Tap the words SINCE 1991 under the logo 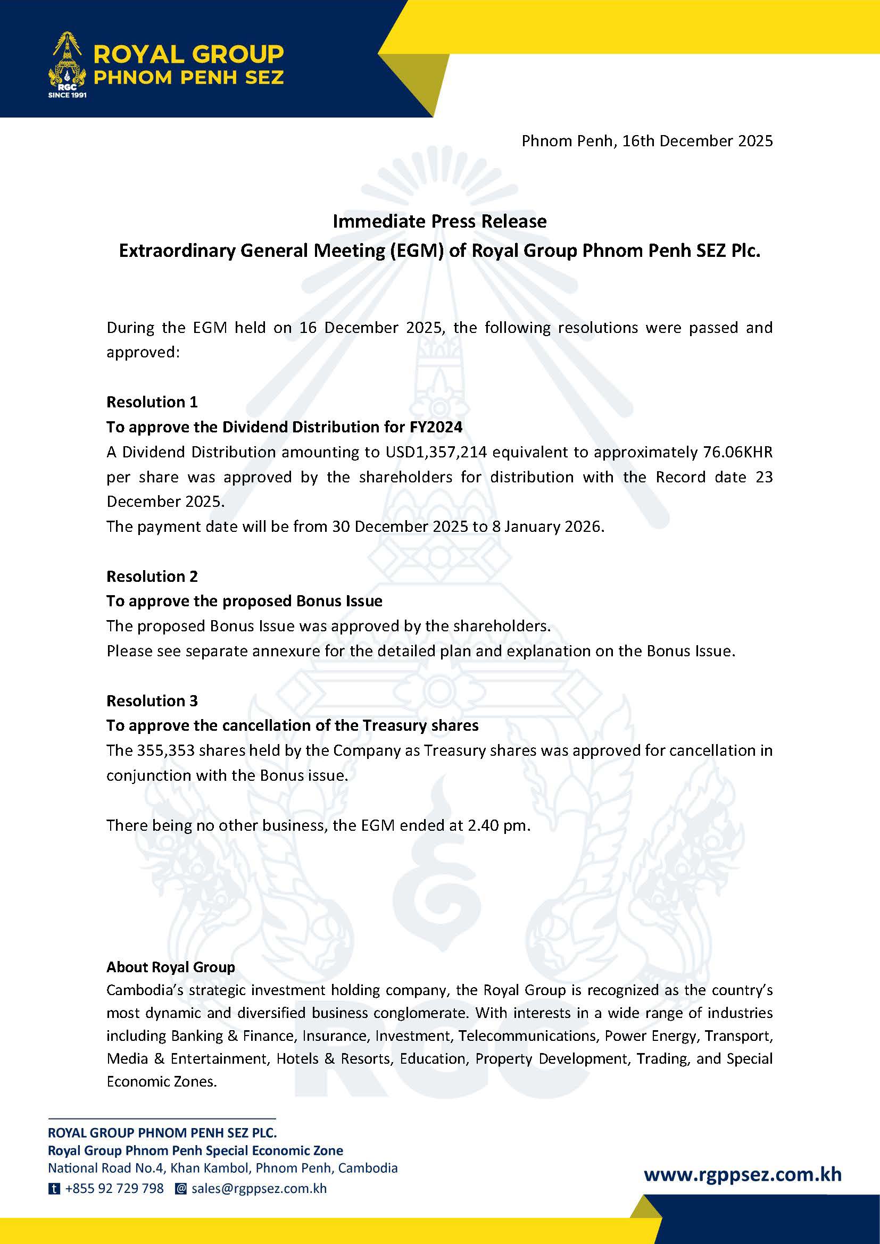pos(67,95)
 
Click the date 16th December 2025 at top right pos(697,141)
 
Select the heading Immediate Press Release pos(439,221)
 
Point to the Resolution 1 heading pos(152,402)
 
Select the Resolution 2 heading pos(152,576)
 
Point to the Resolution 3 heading pos(152,700)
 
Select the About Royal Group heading pos(170,967)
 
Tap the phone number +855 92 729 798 pos(114,1189)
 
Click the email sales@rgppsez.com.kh pos(259,1189)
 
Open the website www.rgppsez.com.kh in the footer pos(742,1174)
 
